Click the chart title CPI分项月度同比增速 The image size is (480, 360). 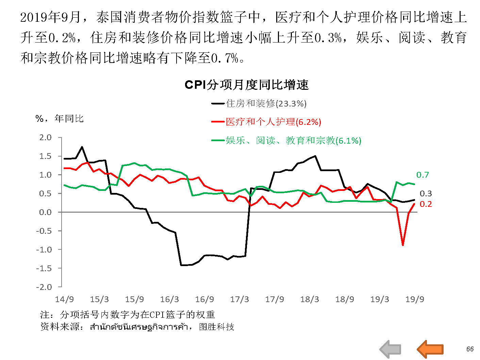246,85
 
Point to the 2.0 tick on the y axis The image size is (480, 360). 45,137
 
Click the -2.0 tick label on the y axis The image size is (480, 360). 44,287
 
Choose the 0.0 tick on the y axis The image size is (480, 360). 45,212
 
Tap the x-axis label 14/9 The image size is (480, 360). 64,299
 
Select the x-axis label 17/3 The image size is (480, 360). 239,299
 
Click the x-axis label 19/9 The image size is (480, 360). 415,299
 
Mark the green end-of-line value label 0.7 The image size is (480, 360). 423,175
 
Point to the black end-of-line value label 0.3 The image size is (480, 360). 426,194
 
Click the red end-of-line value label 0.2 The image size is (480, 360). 426,204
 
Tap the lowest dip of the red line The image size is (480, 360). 403,245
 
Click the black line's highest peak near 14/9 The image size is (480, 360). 82,147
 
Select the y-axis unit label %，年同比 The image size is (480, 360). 60,119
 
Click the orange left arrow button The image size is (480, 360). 430,349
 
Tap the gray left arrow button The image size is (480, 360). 390,349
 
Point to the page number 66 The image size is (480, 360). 470,349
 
